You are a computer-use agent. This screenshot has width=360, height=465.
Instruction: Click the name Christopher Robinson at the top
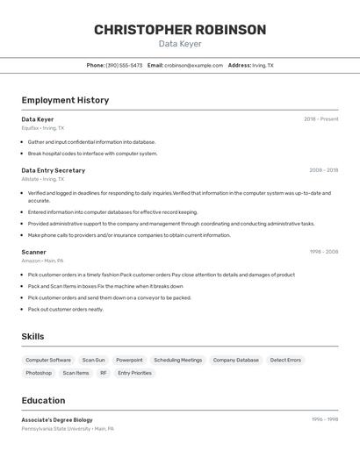180,30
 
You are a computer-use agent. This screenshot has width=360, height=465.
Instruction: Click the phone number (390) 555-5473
124,65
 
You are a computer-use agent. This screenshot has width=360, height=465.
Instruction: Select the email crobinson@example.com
193,65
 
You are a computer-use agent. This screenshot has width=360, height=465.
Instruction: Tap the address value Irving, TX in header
263,65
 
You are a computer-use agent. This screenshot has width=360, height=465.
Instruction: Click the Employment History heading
65,100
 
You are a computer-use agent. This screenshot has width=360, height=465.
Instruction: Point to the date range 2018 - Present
320,119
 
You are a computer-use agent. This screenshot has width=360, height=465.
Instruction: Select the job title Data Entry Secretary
54,170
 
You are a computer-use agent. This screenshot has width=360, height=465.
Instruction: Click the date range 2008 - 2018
323,170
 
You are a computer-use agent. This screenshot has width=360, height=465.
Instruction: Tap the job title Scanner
34,252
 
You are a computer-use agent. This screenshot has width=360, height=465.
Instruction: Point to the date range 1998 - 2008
323,252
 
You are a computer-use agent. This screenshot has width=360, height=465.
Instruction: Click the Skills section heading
32,336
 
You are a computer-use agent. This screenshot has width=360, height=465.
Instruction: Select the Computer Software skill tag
48,360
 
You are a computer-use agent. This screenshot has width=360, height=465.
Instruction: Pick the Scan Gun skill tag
93,360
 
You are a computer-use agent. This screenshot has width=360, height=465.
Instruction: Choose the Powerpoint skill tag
129,360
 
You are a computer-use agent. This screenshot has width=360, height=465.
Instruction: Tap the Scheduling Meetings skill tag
177,360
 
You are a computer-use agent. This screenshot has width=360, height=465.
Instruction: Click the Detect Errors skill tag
285,360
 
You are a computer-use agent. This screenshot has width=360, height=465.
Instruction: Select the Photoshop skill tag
39,373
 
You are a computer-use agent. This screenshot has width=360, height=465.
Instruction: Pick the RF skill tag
104,373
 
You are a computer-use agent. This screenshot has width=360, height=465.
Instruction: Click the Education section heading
43,400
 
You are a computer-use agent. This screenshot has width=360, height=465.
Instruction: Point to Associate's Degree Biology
57,419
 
